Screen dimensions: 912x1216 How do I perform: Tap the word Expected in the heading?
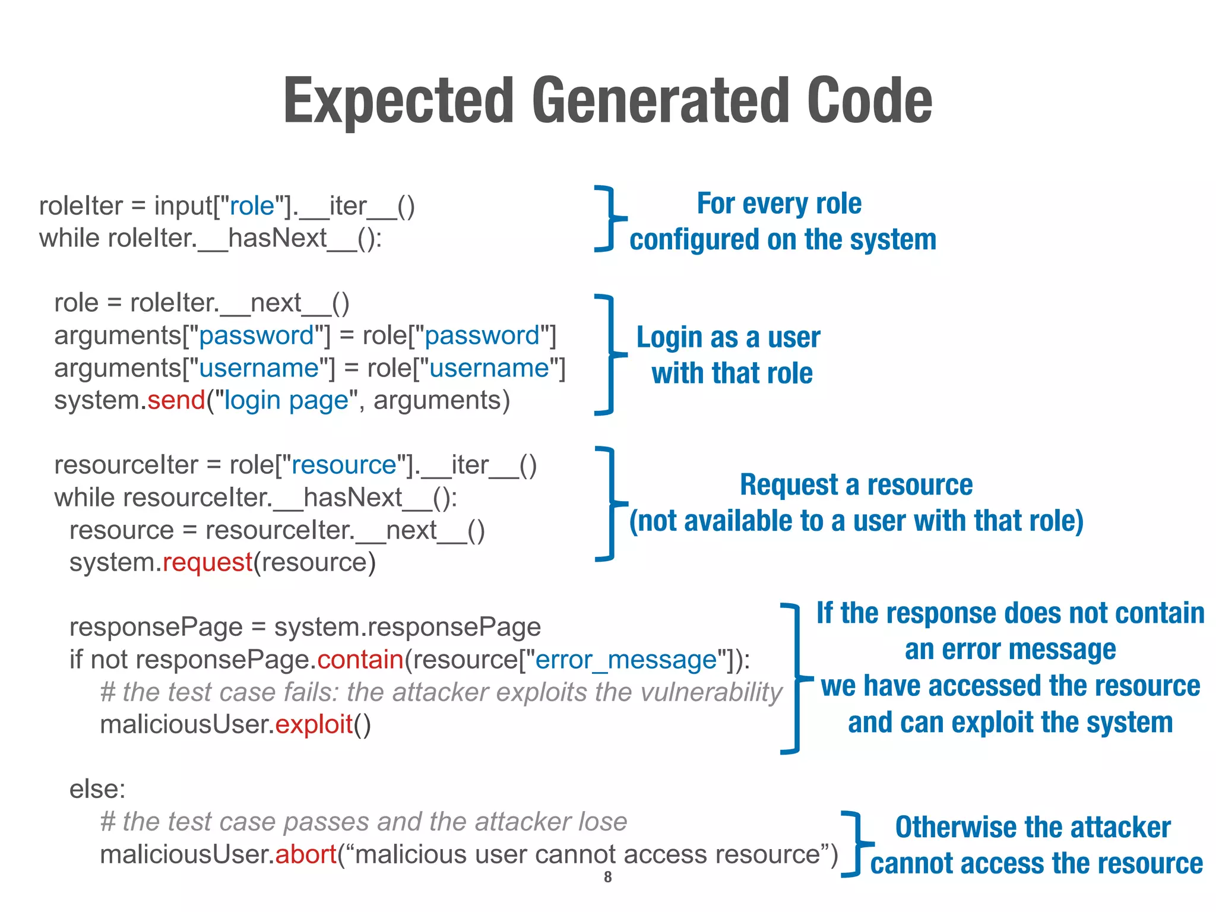click(x=398, y=101)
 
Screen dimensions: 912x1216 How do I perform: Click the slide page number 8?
click(x=607, y=877)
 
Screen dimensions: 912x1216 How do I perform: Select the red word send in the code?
click(x=176, y=400)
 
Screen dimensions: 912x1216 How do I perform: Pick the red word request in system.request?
click(x=208, y=562)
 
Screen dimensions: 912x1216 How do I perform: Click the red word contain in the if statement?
click(x=360, y=660)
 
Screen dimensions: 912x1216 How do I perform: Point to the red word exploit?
click(x=314, y=724)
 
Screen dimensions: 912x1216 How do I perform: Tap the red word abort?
click(x=306, y=854)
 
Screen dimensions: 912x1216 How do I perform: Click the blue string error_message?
click(x=626, y=660)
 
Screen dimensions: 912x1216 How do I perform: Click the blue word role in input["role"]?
click(x=252, y=206)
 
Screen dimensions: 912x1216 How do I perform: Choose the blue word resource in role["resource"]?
click(x=344, y=465)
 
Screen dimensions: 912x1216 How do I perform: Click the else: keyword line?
click(x=97, y=789)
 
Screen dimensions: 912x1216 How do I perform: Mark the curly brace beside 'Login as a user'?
click(x=607, y=354)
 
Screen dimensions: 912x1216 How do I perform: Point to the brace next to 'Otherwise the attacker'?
click(x=856, y=844)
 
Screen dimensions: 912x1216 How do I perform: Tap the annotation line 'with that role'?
click(x=732, y=373)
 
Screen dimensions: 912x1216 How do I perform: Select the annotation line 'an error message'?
click(x=1010, y=650)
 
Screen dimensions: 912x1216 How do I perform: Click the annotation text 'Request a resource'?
click(x=856, y=484)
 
